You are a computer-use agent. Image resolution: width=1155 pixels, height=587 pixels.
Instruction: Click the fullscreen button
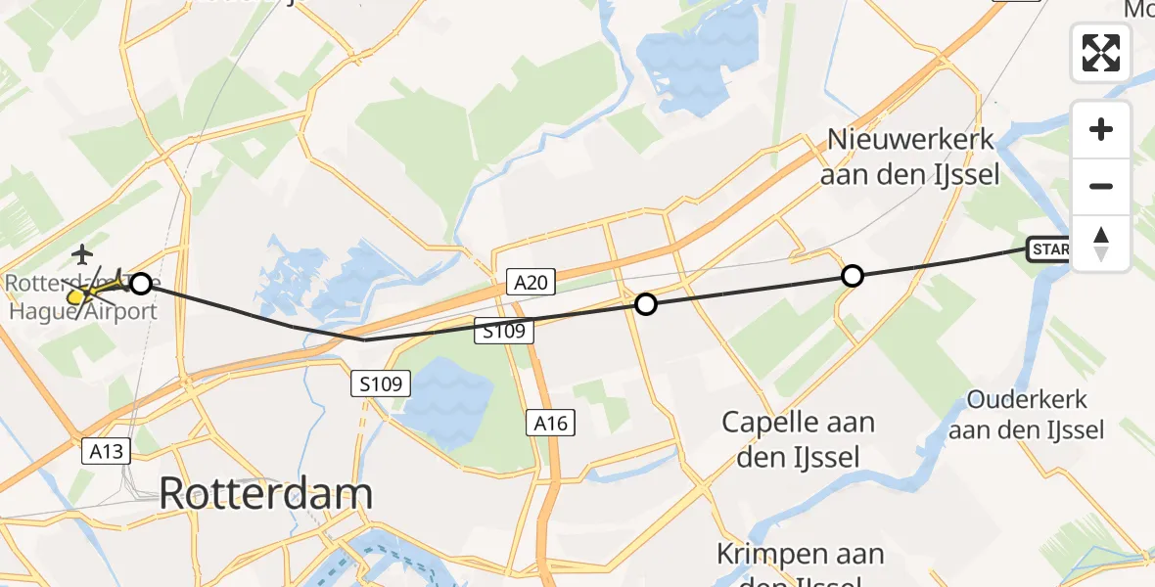(x=1101, y=53)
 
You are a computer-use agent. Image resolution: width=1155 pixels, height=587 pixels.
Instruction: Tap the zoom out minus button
(x=1101, y=186)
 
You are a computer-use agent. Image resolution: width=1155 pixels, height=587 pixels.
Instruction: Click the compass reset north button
(x=1101, y=243)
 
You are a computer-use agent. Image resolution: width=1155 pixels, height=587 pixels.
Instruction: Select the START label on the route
(x=1049, y=249)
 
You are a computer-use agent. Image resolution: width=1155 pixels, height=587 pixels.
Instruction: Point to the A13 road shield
(x=105, y=451)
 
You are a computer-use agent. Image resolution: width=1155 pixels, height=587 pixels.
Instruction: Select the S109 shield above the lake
(x=380, y=384)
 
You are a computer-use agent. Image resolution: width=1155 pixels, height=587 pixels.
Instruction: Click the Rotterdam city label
(x=265, y=494)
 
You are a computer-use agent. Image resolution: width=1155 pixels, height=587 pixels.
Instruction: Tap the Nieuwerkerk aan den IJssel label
(x=910, y=158)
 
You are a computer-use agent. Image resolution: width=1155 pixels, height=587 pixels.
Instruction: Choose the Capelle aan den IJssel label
(x=798, y=439)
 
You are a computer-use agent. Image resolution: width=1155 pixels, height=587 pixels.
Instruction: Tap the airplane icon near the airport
(x=83, y=255)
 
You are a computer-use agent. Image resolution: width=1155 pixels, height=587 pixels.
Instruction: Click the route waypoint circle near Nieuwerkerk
(x=853, y=276)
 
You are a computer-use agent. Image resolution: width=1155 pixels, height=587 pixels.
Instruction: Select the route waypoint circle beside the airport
(x=141, y=284)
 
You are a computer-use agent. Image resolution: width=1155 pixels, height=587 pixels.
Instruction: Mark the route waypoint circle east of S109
(x=645, y=304)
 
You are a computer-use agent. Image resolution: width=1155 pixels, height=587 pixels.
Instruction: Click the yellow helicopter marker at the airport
(x=78, y=293)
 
